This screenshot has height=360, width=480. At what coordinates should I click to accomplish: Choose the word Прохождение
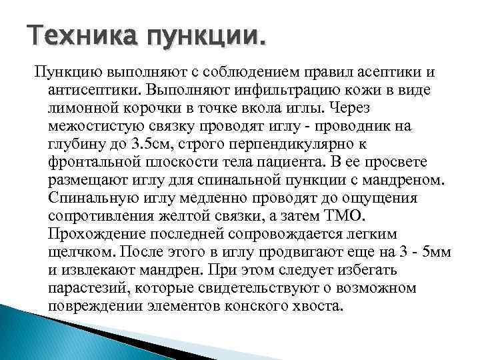click(96, 233)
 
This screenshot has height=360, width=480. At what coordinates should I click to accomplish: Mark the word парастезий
click(86, 287)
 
